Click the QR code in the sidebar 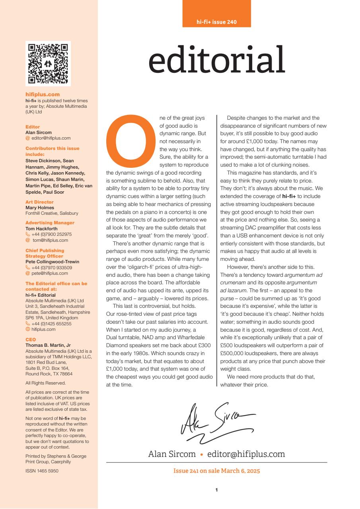tap(48, 64)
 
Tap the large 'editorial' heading tap(216, 60)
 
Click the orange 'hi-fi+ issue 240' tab tap(216, 22)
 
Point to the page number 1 tap(216, 490)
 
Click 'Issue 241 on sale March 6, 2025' tap(216, 471)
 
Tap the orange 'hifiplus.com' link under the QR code tap(43, 95)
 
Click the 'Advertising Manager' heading tap(50, 223)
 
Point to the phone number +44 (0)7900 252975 tap(52, 235)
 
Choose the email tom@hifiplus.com tap(50, 240)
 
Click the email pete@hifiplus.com tap(50, 273)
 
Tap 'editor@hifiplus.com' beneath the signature tap(246, 454)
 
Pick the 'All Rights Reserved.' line tap(46, 383)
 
